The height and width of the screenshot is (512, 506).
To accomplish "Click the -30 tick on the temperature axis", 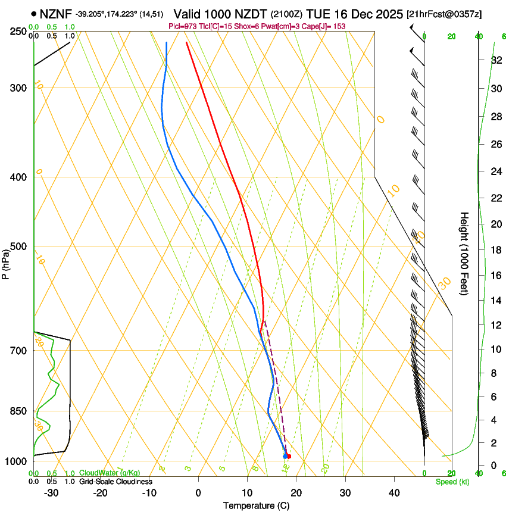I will pos(51,492).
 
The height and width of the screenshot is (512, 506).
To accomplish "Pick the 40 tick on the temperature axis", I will pos(394,492).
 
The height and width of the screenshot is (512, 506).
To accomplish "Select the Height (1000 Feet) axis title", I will pos(464,253).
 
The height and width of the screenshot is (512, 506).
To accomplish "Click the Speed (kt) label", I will pos(452,482).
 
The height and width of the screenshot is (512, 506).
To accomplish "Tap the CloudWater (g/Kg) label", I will pos(110,473).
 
